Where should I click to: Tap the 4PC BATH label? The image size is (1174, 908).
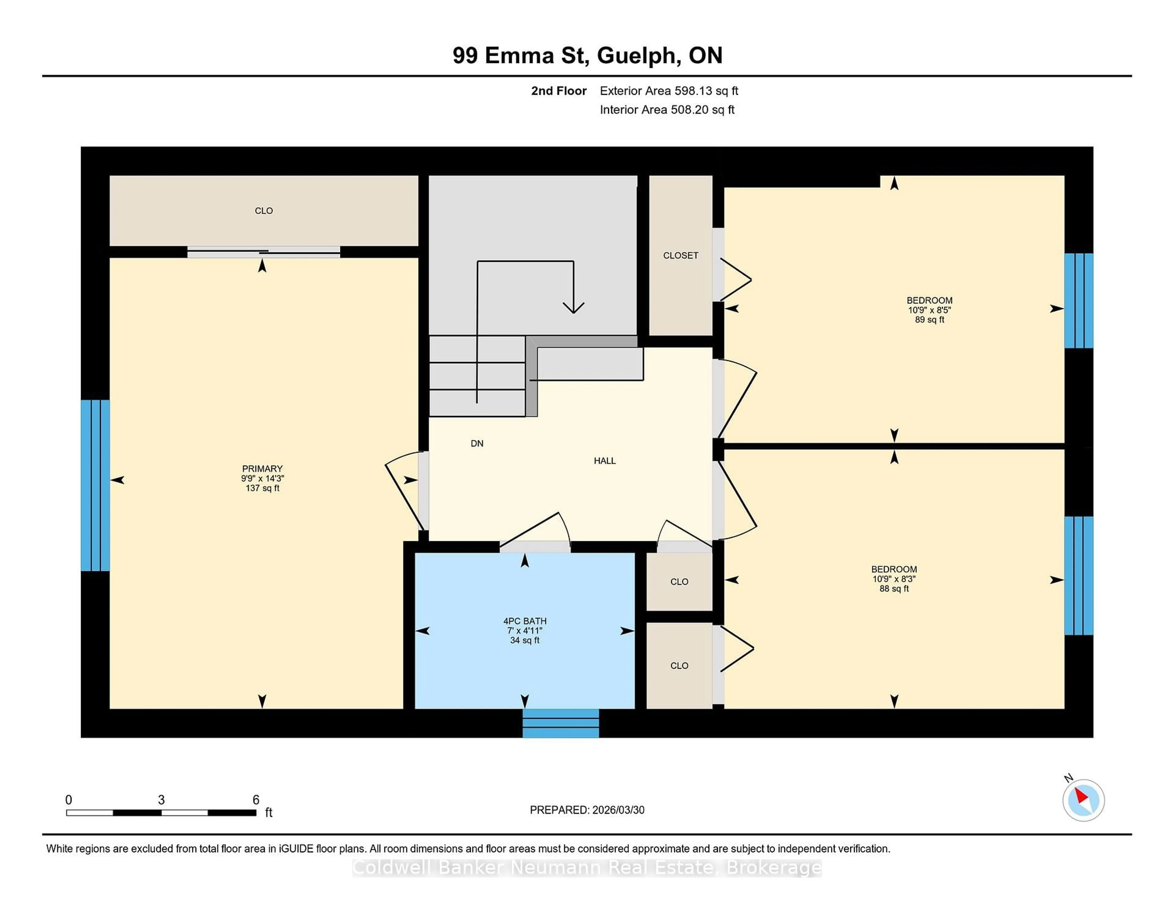(525, 621)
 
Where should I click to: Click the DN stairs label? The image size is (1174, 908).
(477, 443)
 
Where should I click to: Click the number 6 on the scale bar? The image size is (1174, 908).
(256, 800)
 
